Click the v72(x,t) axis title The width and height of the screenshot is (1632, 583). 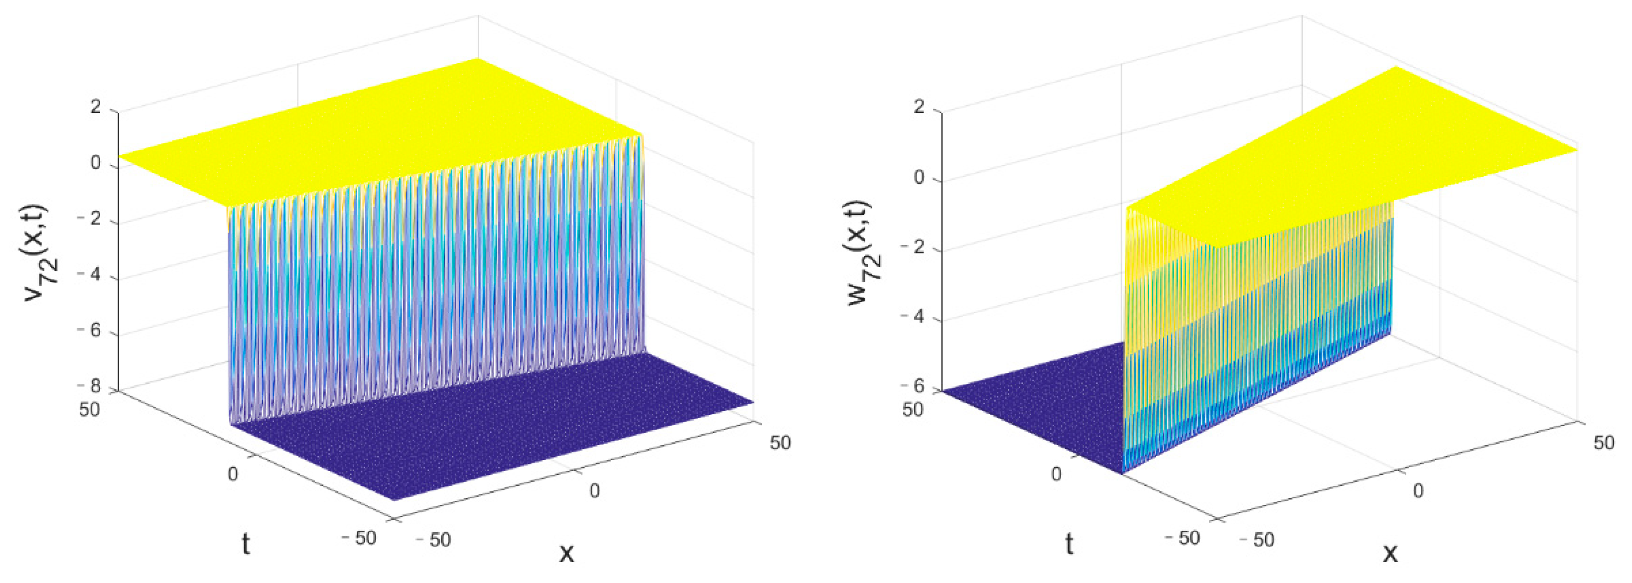click(43, 253)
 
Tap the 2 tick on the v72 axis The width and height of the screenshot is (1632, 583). click(96, 107)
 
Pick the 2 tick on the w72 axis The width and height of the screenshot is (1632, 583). click(919, 108)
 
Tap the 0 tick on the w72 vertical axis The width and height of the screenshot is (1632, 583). click(919, 178)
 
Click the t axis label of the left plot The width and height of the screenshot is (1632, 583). click(246, 543)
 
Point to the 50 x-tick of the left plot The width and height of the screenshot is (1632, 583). click(781, 443)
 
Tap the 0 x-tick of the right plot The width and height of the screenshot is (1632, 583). click(1418, 490)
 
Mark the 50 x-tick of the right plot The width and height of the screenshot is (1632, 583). click(1604, 443)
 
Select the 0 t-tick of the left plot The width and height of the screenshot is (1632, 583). click(233, 474)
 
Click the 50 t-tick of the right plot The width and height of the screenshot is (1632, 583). click(913, 410)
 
